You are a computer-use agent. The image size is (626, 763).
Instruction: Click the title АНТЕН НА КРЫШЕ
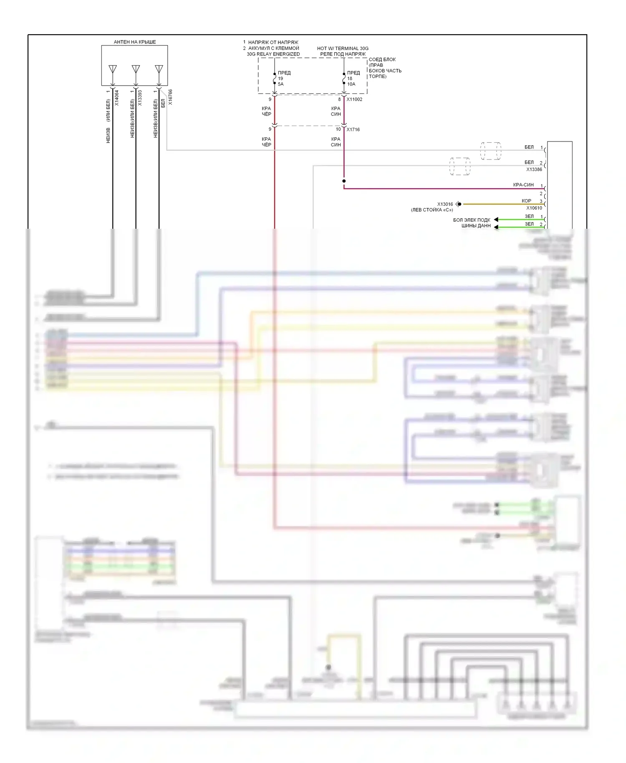(x=135, y=42)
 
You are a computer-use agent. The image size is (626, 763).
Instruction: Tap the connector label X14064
(x=117, y=98)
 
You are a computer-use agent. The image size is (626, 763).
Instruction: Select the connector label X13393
(x=140, y=98)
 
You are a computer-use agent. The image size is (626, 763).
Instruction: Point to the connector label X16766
(x=170, y=97)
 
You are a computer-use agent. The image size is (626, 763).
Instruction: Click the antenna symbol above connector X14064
(x=113, y=69)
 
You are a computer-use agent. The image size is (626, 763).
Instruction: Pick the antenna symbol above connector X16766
(x=159, y=69)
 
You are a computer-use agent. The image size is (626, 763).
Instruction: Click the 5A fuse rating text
(x=281, y=84)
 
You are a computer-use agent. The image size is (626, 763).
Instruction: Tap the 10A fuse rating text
(x=351, y=84)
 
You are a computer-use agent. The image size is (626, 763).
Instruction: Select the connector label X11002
(x=354, y=99)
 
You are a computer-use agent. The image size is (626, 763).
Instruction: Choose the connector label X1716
(x=353, y=129)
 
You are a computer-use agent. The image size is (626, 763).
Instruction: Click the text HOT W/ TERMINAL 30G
(x=343, y=48)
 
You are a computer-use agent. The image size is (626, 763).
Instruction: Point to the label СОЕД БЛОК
(x=382, y=59)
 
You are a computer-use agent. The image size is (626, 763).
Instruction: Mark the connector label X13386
(x=534, y=169)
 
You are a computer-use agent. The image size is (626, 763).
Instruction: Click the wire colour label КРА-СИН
(x=523, y=185)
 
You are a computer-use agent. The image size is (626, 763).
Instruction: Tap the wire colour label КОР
(x=526, y=201)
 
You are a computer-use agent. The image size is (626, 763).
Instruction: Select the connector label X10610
(x=534, y=208)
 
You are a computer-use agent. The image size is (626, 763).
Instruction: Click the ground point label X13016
(x=445, y=204)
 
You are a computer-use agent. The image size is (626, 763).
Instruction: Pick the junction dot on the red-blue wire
(x=344, y=181)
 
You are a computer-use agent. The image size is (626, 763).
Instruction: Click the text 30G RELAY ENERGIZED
(x=273, y=54)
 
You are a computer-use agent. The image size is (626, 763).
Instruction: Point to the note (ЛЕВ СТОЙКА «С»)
(x=432, y=210)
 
